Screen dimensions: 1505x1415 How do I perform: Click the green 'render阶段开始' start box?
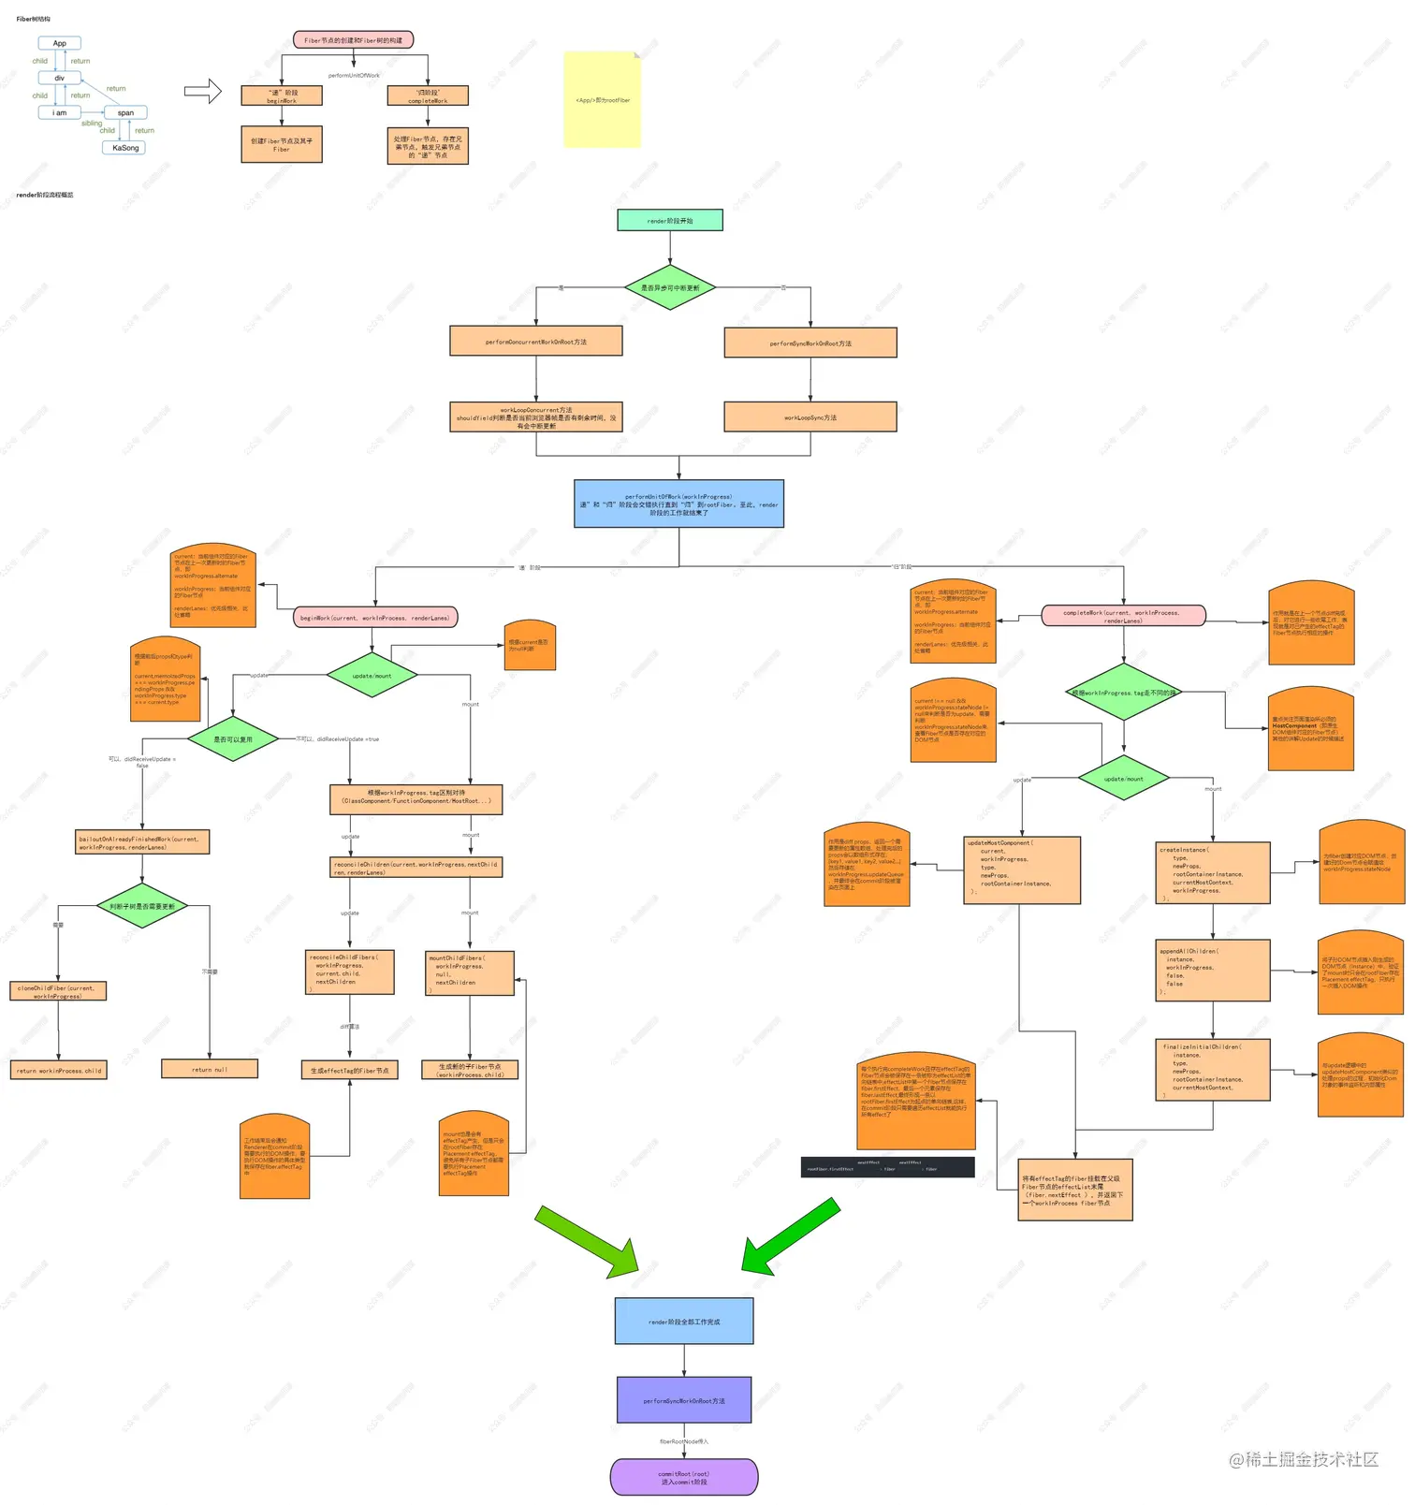coord(669,221)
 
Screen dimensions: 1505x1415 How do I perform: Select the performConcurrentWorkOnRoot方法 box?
coord(535,342)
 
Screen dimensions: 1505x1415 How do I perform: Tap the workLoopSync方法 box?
coord(810,417)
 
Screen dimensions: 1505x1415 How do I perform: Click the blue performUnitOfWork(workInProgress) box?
coord(678,504)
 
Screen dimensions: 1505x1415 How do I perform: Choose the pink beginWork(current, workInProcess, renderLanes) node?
coord(375,618)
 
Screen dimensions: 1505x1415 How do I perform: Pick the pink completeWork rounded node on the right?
coord(1122,616)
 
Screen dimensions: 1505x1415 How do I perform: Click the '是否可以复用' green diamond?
coord(233,739)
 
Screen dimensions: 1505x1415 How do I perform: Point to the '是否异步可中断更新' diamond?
coord(670,288)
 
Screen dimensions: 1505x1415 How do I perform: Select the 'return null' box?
coord(210,1069)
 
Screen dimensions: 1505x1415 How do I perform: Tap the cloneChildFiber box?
coord(58,991)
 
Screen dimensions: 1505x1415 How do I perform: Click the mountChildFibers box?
coord(469,973)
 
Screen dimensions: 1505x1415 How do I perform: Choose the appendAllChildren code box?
coord(1212,971)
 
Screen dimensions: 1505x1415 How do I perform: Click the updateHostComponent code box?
coord(1021,870)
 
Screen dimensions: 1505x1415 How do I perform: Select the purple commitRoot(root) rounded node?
coord(684,1477)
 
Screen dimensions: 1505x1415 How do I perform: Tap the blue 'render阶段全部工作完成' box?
coord(684,1322)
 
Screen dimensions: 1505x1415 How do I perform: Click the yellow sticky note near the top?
coord(602,100)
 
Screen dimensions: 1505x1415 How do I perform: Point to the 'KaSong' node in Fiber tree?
coord(124,148)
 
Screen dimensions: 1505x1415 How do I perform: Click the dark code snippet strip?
coord(887,1166)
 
